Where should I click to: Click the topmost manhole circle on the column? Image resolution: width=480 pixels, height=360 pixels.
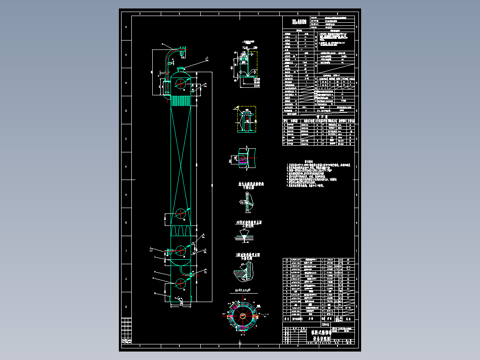click(x=180, y=84)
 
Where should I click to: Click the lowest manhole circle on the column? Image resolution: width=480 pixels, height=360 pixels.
click(x=180, y=283)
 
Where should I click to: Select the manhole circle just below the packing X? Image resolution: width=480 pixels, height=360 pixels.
click(x=180, y=215)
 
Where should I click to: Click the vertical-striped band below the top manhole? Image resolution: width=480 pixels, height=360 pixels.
click(x=181, y=101)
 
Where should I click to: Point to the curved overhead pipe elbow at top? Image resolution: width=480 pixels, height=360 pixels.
click(x=173, y=52)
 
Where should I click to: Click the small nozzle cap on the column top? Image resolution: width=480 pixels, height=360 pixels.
click(x=181, y=69)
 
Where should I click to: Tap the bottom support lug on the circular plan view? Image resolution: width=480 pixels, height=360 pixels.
click(x=242, y=330)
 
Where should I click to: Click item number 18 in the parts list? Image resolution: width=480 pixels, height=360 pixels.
click(x=286, y=259)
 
